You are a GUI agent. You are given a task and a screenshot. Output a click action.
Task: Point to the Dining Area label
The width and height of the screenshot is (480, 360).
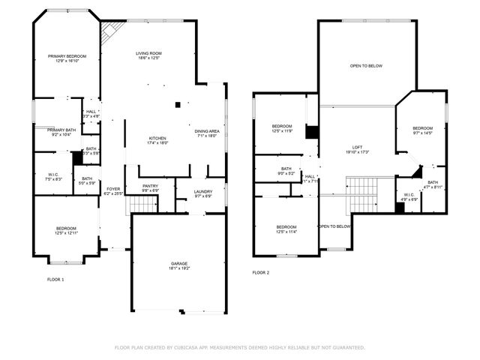tap(206, 133)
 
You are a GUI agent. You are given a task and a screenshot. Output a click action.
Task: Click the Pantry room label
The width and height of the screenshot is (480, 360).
tap(151, 187)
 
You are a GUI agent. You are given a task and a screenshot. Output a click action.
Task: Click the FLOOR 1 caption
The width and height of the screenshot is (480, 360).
tap(55, 279)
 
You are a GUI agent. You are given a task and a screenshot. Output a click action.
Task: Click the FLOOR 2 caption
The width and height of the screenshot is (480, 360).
tap(260, 272)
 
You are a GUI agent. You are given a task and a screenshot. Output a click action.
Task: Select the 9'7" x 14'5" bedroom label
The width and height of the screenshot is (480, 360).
tap(422, 130)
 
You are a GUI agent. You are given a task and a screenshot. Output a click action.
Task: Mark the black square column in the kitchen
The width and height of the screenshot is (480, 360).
tap(177, 105)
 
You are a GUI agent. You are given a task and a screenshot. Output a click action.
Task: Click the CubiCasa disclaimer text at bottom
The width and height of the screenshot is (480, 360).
tap(239, 348)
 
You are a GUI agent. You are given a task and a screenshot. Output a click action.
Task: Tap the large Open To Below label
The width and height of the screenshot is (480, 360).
tap(366, 66)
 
